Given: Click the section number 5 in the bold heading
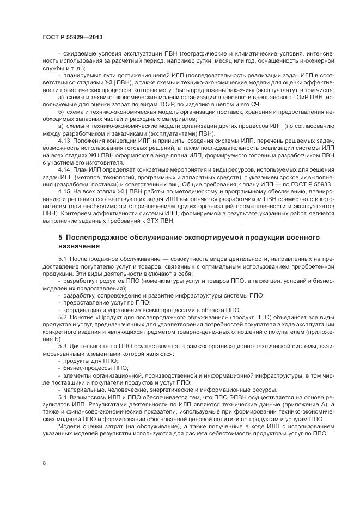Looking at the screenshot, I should pyautogui.click(x=60, y=239).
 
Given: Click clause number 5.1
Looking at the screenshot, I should pyautogui.click(x=62, y=259).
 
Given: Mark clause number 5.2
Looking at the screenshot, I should pyautogui.click(x=62, y=317).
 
